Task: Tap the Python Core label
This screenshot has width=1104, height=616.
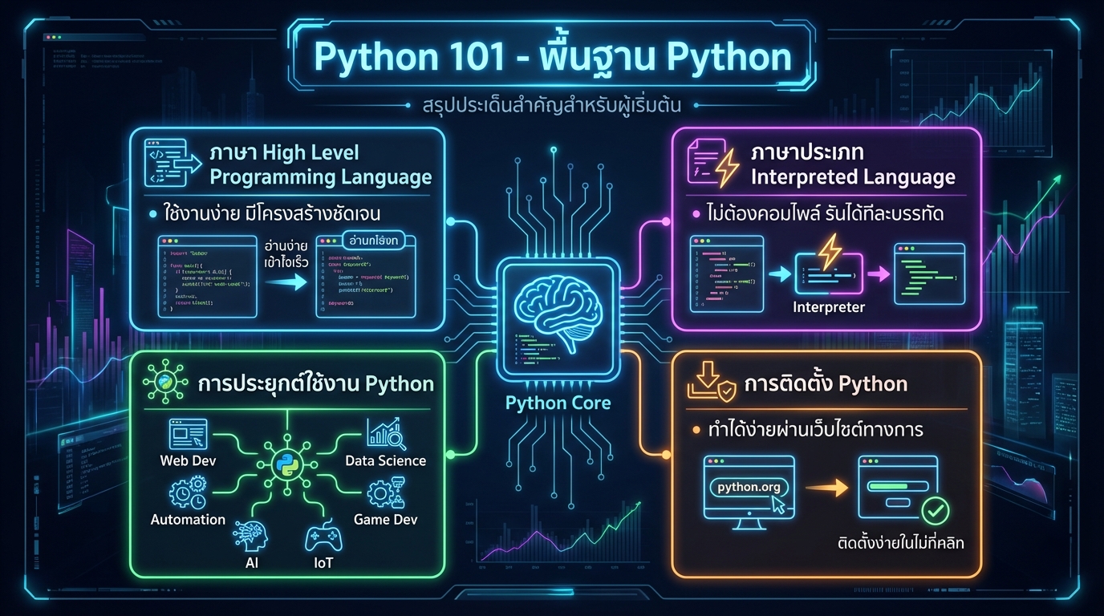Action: (558, 403)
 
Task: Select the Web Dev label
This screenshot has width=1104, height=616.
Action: (188, 460)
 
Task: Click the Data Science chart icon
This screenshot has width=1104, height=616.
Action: (386, 434)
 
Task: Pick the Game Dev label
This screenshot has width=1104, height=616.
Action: (386, 519)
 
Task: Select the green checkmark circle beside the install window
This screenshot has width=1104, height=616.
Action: (935, 509)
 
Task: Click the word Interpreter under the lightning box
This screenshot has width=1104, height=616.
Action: (828, 307)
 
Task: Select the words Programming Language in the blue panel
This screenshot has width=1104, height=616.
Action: (320, 177)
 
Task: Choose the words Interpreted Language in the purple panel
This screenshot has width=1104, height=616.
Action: (852, 177)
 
